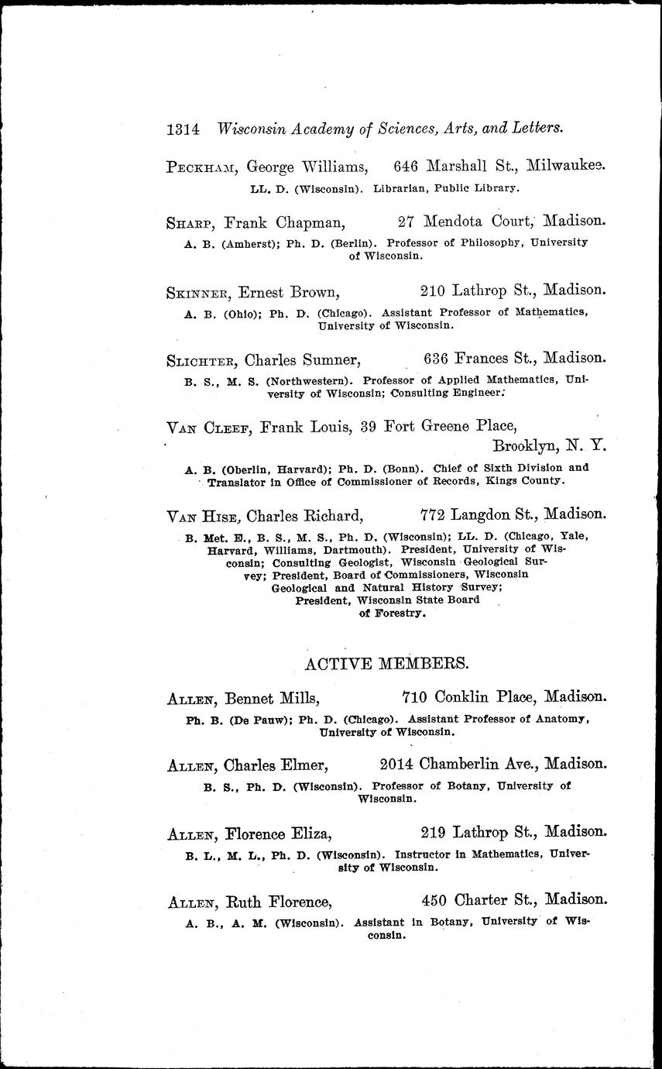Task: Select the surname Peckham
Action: (192, 165)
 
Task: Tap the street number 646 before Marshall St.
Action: (408, 164)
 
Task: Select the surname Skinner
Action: (199, 292)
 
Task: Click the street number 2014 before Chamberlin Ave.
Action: (398, 764)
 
